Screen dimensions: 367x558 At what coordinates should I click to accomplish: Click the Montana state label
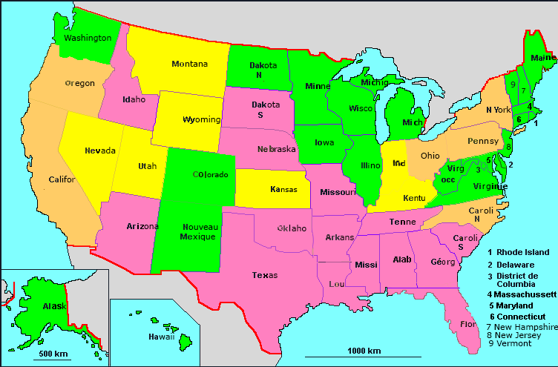point(189,64)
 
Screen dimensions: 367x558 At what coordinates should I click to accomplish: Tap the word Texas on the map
point(265,275)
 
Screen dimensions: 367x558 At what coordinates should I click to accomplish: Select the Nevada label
point(99,151)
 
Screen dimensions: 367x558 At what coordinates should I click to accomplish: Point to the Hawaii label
point(140,336)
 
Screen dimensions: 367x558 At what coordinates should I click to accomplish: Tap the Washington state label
point(88,38)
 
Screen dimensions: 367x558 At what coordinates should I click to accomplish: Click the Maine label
point(542,57)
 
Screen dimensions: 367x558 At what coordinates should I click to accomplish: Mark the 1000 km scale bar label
point(364,351)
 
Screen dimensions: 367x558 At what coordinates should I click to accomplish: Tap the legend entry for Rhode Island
point(523,252)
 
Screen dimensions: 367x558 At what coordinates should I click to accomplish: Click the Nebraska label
point(276,149)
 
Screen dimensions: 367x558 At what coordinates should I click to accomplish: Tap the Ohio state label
point(430,156)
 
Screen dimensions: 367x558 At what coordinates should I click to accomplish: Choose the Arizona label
point(122,226)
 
